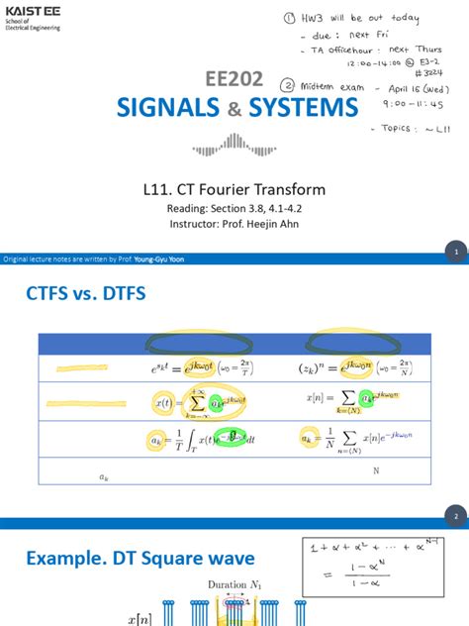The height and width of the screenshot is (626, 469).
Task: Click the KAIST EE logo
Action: tap(32, 16)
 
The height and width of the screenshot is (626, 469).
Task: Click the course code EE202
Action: tap(234, 80)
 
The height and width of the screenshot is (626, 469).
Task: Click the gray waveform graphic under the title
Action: tap(234, 148)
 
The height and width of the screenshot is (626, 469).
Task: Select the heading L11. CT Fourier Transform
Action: tap(234, 189)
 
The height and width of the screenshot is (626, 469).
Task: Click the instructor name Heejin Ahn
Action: tap(275, 224)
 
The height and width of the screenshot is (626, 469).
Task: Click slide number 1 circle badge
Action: tap(455, 253)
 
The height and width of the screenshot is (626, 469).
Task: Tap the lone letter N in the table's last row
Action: tap(376, 471)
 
